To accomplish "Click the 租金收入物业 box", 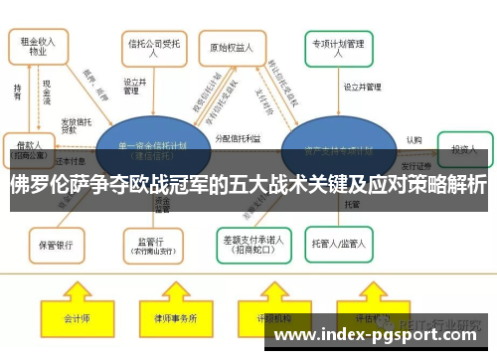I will coord(38,48).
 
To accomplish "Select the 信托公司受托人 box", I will coord(152,47).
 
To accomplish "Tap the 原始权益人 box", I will coord(234,47).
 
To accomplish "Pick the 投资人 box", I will coord(464,148).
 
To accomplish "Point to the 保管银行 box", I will coord(56,241).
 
